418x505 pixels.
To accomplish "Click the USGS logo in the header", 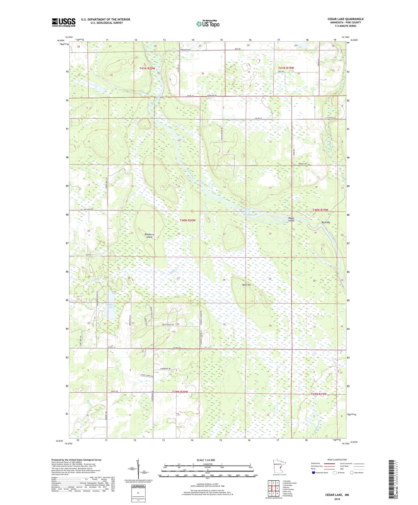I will click(64, 22).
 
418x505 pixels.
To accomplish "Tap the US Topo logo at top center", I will click(208, 24).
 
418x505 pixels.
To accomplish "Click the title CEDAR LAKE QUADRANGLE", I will click(345, 19).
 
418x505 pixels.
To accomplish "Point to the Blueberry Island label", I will click(150, 236).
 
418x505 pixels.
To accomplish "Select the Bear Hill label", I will click(246, 285).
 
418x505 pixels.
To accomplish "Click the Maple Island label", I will click(291, 219).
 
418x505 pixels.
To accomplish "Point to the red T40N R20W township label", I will click(188, 220).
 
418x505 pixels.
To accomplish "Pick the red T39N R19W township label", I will click(319, 394).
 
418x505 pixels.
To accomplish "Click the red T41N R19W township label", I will click(286, 68).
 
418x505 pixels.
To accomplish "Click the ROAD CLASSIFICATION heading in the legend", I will click(337, 460).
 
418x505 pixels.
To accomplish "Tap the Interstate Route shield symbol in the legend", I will click(313, 473).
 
